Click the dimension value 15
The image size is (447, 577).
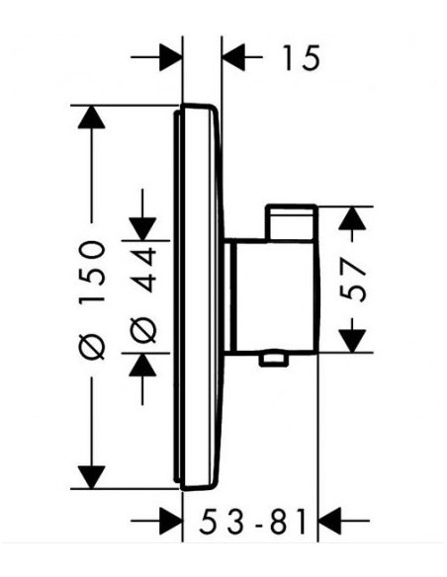click(302, 57)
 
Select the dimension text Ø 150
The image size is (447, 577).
click(92, 300)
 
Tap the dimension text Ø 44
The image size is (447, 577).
click(143, 294)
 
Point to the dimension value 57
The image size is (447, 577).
click(352, 280)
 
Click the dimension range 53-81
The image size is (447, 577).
click(252, 521)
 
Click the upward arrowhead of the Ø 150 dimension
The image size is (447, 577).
click(91, 117)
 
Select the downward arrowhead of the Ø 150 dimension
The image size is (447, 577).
click(91, 477)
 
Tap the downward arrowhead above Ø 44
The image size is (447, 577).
click(142, 229)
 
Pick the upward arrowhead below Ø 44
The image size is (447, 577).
click(142, 365)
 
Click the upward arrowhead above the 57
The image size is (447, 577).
click(352, 218)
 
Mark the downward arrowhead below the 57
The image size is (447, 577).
click(352, 341)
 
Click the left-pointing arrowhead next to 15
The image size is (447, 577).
click(234, 57)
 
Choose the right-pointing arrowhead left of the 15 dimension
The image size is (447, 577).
click(171, 57)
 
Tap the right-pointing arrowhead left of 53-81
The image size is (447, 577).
click(171, 521)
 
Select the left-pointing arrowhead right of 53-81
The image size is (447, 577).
click(329, 521)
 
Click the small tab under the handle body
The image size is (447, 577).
click(273, 360)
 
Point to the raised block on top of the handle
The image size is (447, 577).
click(292, 223)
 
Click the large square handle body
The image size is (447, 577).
click(274, 295)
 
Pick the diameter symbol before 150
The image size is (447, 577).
click(92, 347)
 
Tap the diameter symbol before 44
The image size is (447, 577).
click(143, 330)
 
